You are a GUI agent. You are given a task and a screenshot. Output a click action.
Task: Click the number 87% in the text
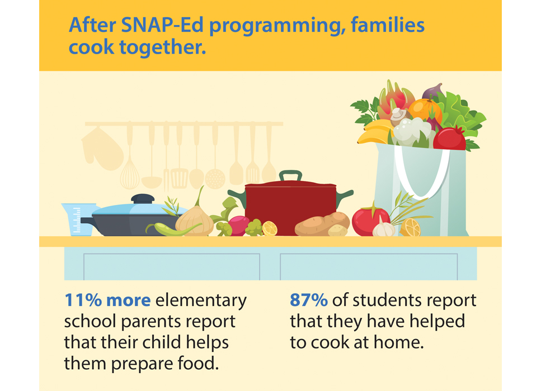tap(308, 301)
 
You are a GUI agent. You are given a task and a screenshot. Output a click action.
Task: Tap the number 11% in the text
tap(83, 301)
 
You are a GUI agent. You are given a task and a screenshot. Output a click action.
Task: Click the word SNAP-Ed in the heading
tap(162, 26)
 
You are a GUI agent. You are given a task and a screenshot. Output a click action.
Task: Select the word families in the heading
tap(388, 26)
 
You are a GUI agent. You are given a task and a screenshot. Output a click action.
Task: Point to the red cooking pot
tap(290, 208)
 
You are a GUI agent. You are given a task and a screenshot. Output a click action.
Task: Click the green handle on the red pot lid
tap(290, 175)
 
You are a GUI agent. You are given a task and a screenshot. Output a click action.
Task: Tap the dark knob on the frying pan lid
tap(143, 199)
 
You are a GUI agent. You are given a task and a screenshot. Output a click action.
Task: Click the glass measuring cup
tap(78, 220)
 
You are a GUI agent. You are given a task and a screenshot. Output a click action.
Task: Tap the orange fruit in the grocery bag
tap(425, 111)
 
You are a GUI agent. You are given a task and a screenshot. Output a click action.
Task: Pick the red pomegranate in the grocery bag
tap(450, 138)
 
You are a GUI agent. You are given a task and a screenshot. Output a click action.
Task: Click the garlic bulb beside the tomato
tap(384, 227)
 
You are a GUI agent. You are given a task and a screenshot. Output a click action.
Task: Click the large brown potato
tap(322, 223)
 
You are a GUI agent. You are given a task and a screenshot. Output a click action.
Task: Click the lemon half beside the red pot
tap(270, 228)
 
